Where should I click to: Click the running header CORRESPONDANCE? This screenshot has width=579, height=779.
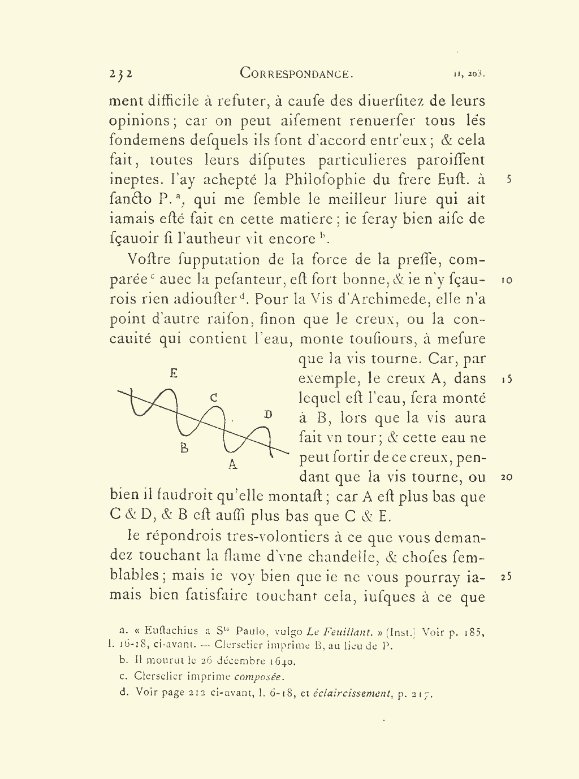296,73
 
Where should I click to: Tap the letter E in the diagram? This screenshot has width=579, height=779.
174,373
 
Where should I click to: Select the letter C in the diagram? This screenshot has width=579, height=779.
214,398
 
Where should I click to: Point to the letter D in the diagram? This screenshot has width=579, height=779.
268,415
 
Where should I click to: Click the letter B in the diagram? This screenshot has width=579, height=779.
184,448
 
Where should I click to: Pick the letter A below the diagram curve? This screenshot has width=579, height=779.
232,465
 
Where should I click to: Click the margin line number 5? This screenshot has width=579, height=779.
509,180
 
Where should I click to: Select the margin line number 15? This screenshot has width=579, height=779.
507,379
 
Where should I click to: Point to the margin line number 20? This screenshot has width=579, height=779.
507,477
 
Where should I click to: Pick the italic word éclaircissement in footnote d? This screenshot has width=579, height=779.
352,693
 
